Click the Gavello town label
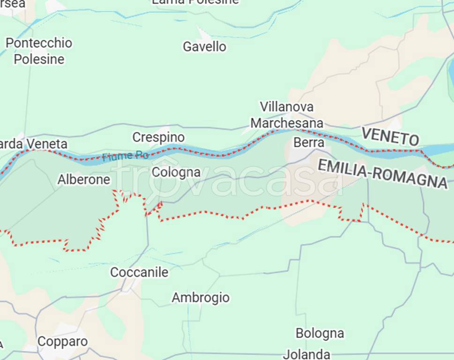204,47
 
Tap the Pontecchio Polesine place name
39,51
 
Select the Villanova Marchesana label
287,115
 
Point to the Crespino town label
158,137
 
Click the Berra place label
309,142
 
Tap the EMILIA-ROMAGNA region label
382,173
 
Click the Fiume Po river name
125,156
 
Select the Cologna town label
176,172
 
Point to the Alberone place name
84,180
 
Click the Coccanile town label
139,272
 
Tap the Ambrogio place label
201,298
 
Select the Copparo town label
62,342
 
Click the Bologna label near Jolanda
320,333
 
